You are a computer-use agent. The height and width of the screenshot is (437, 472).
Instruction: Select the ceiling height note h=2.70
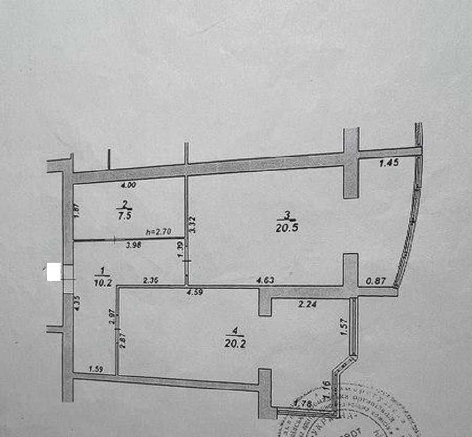tap(158, 232)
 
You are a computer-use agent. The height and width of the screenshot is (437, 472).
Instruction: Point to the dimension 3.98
tap(134, 245)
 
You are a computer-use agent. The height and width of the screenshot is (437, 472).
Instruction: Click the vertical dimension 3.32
tap(192, 225)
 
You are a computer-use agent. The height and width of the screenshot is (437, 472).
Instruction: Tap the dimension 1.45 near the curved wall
tap(389, 163)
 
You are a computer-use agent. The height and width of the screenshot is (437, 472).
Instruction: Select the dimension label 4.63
tap(266, 281)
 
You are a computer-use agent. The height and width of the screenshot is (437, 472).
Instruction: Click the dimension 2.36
tap(151, 281)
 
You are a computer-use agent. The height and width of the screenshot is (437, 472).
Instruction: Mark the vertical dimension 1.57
tap(344, 326)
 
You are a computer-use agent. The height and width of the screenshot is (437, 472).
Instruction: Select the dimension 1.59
tap(96, 369)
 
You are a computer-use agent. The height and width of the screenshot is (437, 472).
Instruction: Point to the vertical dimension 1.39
tap(181, 251)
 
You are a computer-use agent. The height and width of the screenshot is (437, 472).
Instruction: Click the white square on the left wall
tap(53, 271)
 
